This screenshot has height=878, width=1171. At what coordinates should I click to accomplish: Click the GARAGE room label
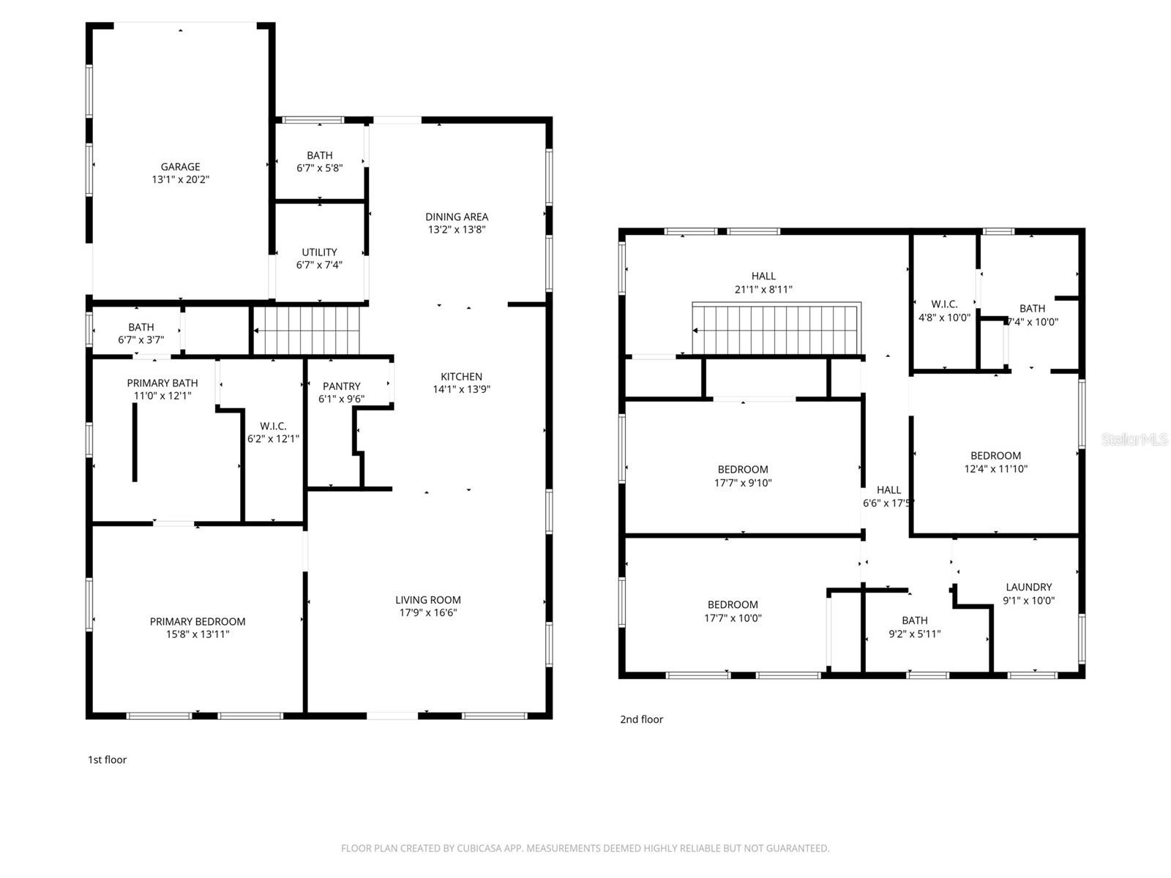click(180, 167)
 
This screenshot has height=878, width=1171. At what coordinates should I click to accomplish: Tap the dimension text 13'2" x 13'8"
click(457, 229)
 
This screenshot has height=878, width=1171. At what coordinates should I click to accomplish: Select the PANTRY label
click(341, 386)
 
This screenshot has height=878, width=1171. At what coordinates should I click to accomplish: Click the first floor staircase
click(307, 330)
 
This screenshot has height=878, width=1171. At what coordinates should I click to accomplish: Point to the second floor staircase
click(776, 329)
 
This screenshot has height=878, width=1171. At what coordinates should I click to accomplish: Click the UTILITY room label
click(319, 252)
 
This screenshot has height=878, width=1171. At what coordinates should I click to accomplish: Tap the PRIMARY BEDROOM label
click(198, 621)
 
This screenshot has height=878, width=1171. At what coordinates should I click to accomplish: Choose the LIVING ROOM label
click(428, 600)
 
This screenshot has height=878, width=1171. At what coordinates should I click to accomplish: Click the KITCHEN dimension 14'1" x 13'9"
click(461, 389)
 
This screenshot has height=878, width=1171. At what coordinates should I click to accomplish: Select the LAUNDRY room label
click(1028, 587)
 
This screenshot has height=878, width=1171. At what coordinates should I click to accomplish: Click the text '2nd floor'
click(641, 719)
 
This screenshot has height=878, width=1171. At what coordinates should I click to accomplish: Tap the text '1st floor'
click(107, 759)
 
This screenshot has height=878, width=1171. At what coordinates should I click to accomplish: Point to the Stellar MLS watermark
click(1134, 439)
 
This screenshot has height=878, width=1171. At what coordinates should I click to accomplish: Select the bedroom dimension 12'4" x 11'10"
click(995, 468)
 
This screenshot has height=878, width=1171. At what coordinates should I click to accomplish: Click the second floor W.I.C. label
click(944, 304)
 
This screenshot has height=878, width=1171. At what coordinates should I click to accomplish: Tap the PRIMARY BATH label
click(162, 383)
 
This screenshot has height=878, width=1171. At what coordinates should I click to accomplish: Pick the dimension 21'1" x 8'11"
click(763, 289)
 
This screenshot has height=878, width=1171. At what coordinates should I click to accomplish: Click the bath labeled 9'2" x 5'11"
click(914, 620)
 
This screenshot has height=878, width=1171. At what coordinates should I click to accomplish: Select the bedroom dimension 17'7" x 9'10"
click(743, 482)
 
